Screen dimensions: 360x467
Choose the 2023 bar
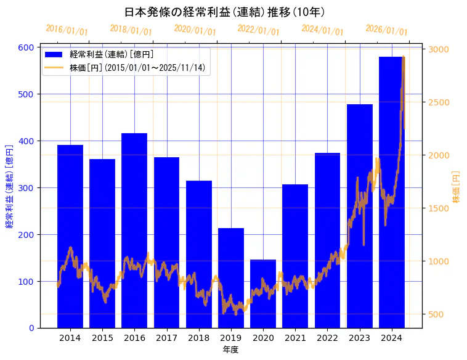pyautogui.click(x=360, y=216)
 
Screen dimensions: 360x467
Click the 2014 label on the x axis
pyautogui.click(x=70, y=338)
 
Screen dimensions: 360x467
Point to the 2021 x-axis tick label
pyautogui.click(x=295, y=338)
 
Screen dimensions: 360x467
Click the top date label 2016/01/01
pyautogui.click(x=67, y=30)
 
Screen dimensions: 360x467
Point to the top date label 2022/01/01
pyautogui.click(x=259, y=30)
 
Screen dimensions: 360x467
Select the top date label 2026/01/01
pyautogui.click(x=387, y=30)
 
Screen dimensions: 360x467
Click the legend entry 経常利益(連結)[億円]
pyautogui.click(x=112, y=54)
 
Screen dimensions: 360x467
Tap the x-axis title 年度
pyautogui.click(x=230, y=350)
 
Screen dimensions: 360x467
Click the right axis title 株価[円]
pyautogui.click(x=457, y=187)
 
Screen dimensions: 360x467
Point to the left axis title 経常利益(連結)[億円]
pyautogui.click(x=9, y=187)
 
